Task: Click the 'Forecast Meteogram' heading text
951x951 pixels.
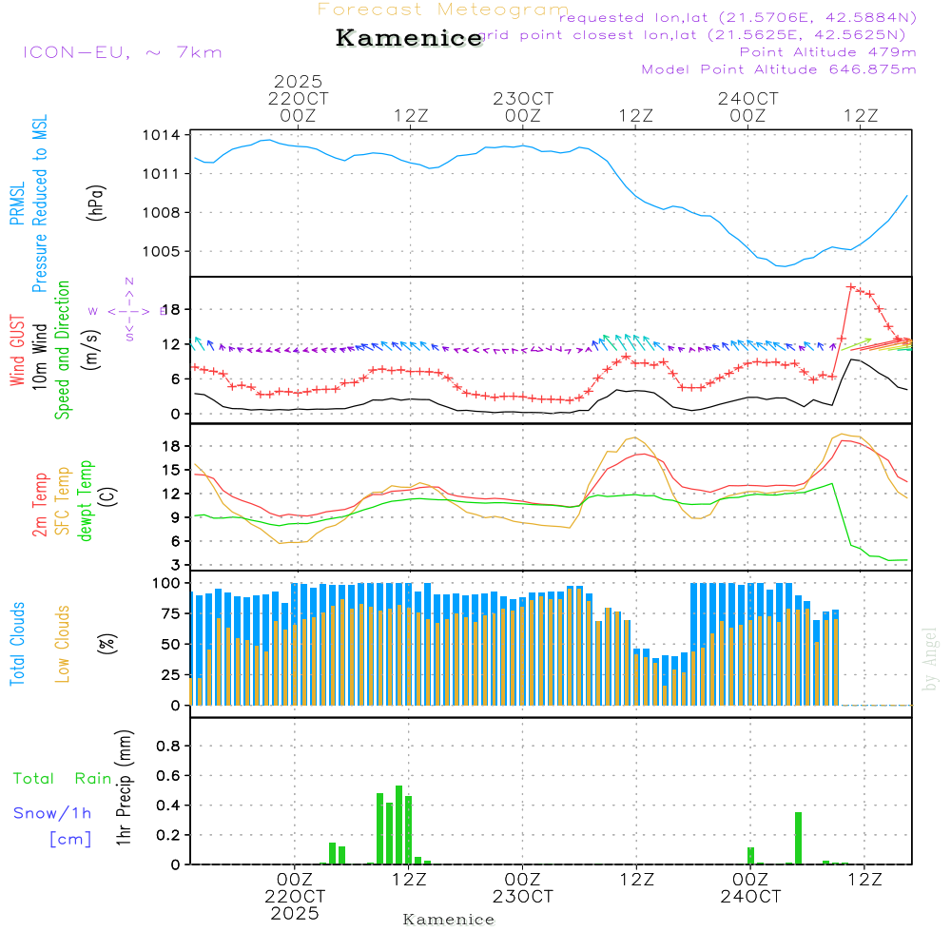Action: (443, 10)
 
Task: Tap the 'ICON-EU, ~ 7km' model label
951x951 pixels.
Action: (122, 52)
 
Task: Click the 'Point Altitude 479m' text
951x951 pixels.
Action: (827, 51)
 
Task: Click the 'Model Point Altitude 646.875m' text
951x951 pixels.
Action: (779, 69)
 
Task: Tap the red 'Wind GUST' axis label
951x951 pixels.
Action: (17, 351)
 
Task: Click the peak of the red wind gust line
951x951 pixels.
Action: (851, 286)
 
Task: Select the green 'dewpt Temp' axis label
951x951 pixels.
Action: (87, 500)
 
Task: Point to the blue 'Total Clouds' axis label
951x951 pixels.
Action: (17, 644)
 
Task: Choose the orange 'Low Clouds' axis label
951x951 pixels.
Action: (63, 644)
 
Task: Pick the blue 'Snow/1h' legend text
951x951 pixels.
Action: (52, 813)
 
